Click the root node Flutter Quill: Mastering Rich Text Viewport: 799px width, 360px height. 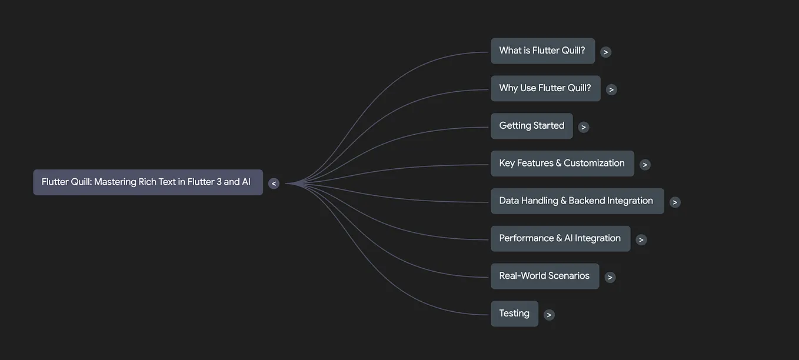coord(147,182)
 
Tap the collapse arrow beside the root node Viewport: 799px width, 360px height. coord(274,184)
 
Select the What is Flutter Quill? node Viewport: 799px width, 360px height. coord(542,51)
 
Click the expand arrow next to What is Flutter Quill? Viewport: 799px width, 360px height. coord(605,52)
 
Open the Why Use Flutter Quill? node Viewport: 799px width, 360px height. coord(545,88)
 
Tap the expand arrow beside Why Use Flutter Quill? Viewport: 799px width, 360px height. coord(611,89)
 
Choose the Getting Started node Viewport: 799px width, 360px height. coord(531,126)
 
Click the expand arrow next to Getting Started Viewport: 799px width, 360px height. coord(583,127)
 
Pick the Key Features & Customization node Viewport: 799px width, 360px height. coord(562,164)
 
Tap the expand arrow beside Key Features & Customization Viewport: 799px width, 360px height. coord(645,165)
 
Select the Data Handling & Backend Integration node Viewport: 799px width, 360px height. coord(577,201)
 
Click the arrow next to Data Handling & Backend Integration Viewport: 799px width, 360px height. coord(675,202)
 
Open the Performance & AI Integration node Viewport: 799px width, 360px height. coord(560,239)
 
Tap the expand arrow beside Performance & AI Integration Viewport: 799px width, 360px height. coord(641,240)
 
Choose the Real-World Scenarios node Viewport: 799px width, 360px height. coord(544,276)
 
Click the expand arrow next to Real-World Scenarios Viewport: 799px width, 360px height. coord(610,277)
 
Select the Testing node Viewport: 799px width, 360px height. coord(514,314)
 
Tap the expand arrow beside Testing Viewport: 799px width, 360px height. coord(549,315)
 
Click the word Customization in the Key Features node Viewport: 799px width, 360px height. coord(594,164)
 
